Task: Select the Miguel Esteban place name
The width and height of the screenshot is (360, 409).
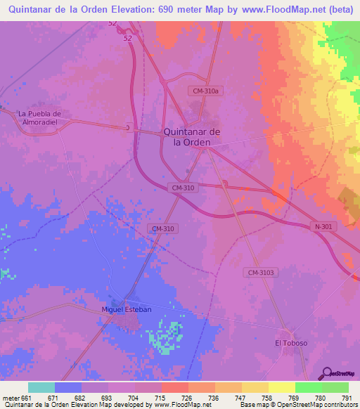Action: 127,309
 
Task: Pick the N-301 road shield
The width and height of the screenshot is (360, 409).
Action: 322,226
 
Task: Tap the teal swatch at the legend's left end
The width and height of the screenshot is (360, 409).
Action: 41,387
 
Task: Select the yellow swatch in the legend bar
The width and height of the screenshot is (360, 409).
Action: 281,387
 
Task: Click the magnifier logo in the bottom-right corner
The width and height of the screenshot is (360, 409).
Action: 326,373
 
